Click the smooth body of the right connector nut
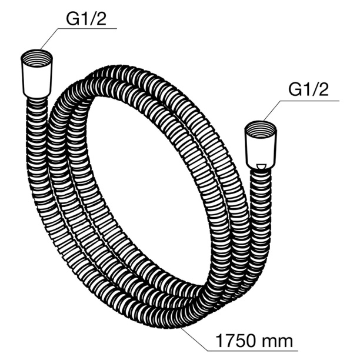coord(260,151)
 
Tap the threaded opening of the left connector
coord(36,58)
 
